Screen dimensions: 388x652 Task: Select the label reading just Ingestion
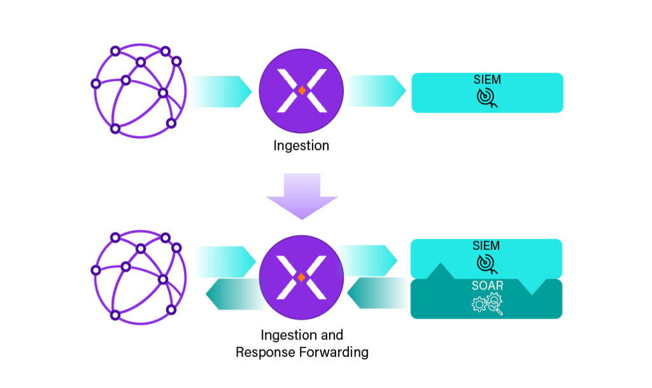(301, 146)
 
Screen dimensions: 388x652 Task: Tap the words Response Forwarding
(302, 352)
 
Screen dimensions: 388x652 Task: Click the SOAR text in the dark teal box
(487, 286)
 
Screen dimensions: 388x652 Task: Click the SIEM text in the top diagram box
(487, 80)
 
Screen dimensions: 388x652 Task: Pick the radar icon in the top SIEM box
(487, 97)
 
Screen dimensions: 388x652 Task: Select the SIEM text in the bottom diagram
(487, 246)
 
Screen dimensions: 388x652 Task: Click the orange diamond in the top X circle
(302, 91)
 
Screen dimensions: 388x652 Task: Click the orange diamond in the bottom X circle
(302, 278)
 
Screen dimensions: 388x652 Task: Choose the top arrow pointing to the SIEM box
(376, 91)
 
